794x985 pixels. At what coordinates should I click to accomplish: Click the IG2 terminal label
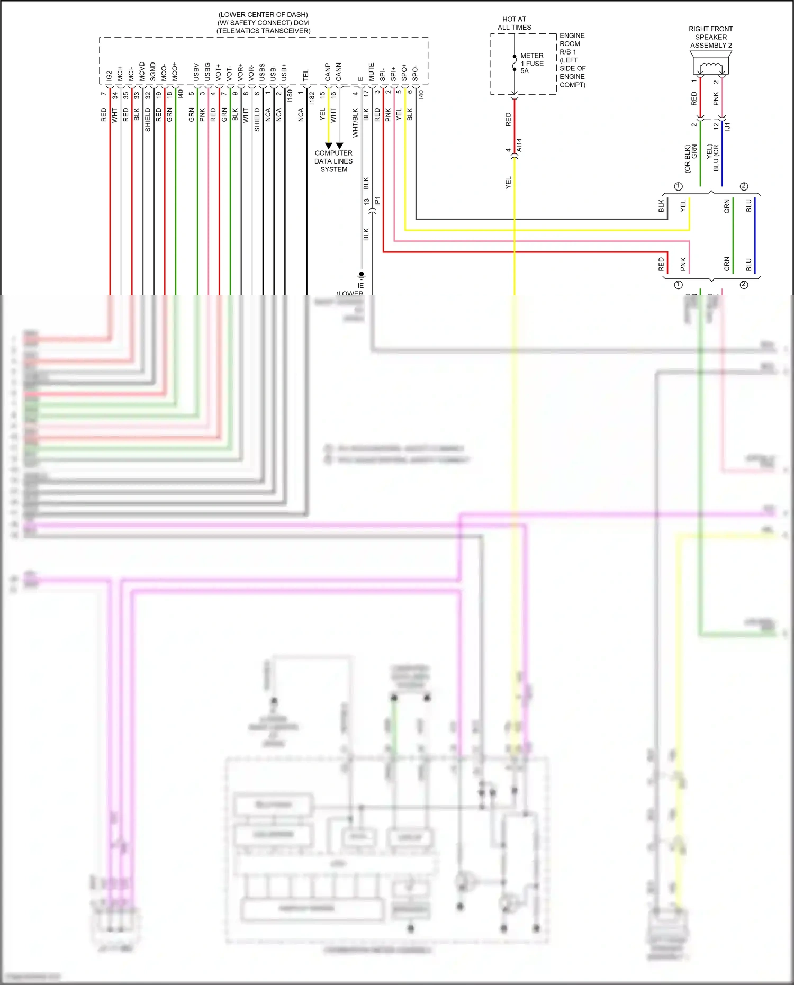tap(109, 76)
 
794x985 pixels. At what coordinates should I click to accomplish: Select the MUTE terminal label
tap(371, 72)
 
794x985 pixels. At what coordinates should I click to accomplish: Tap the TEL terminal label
tap(305, 75)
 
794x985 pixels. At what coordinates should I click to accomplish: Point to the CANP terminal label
tap(328, 73)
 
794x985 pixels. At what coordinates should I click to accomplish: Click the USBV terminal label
tap(196, 73)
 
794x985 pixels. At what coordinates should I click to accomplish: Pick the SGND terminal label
tap(153, 72)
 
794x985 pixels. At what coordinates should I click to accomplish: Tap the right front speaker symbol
tap(711, 68)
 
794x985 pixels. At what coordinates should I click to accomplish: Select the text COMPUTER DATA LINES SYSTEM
tap(333, 161)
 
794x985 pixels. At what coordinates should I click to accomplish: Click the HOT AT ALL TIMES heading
tap(514, 23)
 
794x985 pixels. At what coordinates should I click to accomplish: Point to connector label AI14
tap(519, 145)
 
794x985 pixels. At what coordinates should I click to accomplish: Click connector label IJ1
tap(728, 126)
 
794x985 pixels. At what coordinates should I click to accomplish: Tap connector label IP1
tap(377, 202)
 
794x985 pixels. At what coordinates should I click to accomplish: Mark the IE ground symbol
tap(361, 276)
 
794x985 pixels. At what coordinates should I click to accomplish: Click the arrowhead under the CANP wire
tap(329, 146)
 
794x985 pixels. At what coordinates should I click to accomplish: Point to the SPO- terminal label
tap(415, 73)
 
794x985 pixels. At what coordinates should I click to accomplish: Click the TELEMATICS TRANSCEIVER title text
tap(263, 31)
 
